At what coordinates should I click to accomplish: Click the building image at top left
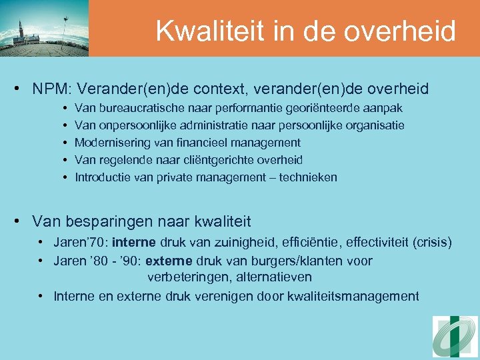coord(44,28)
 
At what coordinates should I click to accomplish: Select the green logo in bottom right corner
coord(455,336)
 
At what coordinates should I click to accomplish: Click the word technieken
coord(308,177)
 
